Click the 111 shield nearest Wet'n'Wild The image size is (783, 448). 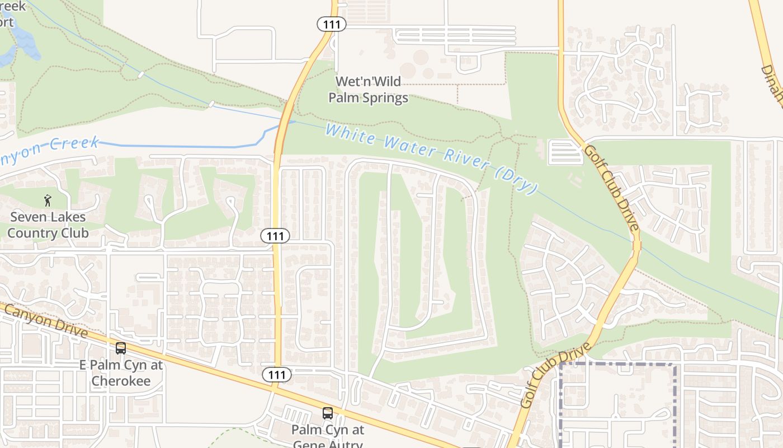332,24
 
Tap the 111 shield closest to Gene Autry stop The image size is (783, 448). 276,375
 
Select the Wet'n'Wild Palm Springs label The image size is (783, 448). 368,90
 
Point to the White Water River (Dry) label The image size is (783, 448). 431,158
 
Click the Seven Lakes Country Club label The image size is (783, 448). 48,225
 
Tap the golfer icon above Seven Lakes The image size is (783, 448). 48,200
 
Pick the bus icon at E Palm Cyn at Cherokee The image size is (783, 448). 121,348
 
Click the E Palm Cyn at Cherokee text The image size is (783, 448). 121,373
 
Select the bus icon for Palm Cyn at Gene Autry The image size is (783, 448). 328,413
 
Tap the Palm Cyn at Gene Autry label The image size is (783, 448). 328,437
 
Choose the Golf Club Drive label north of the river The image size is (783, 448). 611,188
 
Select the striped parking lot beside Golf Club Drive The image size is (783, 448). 565,152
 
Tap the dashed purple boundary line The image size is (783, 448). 615,364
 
